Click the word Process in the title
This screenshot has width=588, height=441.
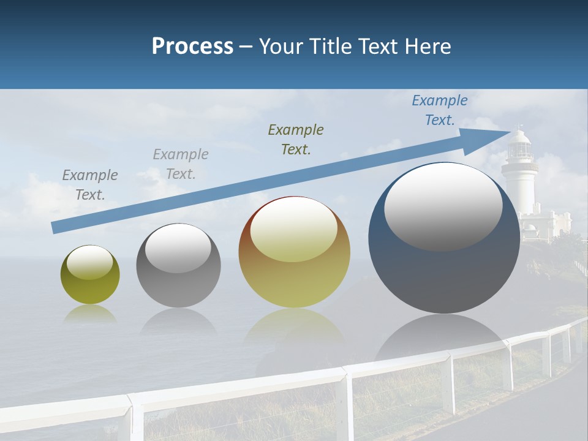pyautogui.click(x=192, y=47)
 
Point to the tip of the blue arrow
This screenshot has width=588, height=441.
pyautogui.click(x=508, y=132)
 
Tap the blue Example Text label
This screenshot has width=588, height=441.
pyautogui.click(x=440, y=110)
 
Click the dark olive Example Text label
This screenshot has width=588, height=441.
pyautogui.click(x=296, y=139)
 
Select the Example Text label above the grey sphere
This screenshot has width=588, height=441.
pyautogui.click(x=181, y=164)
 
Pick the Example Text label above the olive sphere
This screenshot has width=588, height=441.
pyautogui.click(x=90, y=184)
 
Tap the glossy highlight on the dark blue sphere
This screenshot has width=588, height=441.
pyautogui.click(x=443, y=207)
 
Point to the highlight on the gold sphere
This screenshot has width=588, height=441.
pyautogui.click(x=293, y=229)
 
